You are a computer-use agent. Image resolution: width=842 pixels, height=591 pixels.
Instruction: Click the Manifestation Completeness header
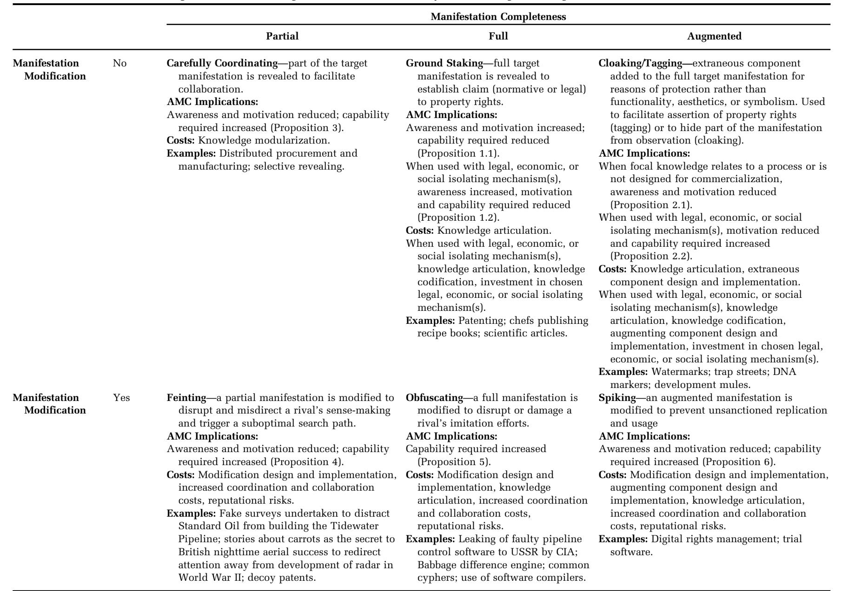click(x=498, y=17)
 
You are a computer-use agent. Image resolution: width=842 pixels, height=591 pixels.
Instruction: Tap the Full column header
click(x=498, y=37)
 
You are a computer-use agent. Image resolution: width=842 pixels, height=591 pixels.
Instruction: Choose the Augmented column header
click(x=714, y=37)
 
